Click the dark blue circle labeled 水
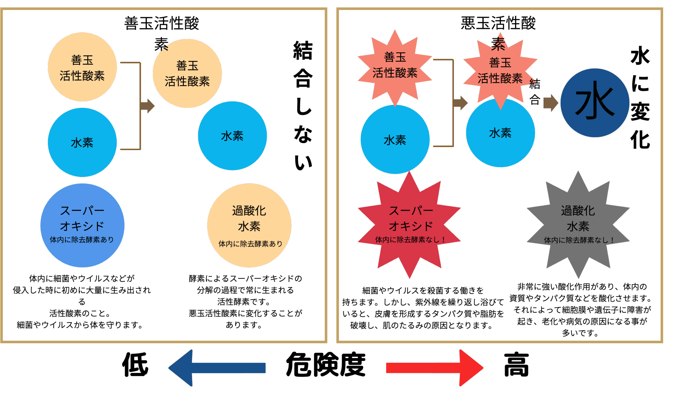(594, 103)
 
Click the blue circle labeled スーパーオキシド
(82, 225)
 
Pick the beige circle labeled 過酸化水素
(249, 225)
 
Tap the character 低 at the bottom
(135, 365)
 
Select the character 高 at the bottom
(516, 365)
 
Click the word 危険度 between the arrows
(325, 365)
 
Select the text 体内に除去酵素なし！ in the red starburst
(410, 240)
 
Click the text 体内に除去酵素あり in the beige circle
(250, 244)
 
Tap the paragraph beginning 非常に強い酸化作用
(580, 310)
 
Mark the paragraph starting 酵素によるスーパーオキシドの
(245, 302)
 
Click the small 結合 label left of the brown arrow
(534, 92)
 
